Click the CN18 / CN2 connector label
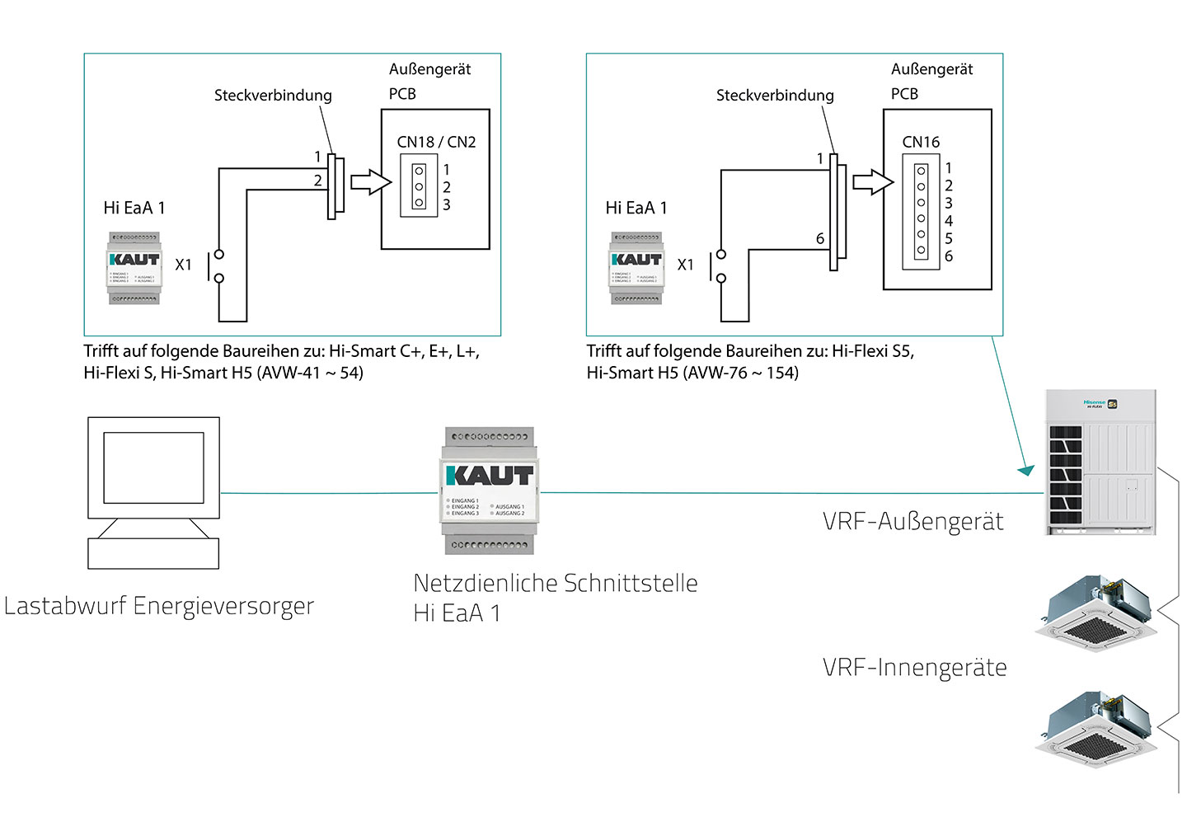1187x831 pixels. (436, 142)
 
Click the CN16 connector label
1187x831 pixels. (921, 142)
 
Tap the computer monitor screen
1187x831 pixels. (153, 467)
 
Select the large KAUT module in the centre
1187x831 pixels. (490, 490)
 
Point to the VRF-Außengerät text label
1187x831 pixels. (913, 522)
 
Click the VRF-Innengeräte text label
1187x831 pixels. (914, 668)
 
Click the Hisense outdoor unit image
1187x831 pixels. (1100, 462)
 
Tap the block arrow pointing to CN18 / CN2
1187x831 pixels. (371, 181)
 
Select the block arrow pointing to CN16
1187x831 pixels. (873, 181)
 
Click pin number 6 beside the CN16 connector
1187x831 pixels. (949, 256)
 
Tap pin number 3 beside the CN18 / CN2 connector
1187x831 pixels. (447, 205)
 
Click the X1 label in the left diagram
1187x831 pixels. (183, 265)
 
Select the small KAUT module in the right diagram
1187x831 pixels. (636, 268)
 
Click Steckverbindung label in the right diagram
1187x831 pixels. (775, 96)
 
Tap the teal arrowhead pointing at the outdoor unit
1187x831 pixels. (1026, 470)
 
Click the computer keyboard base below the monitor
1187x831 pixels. (153, 552)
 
